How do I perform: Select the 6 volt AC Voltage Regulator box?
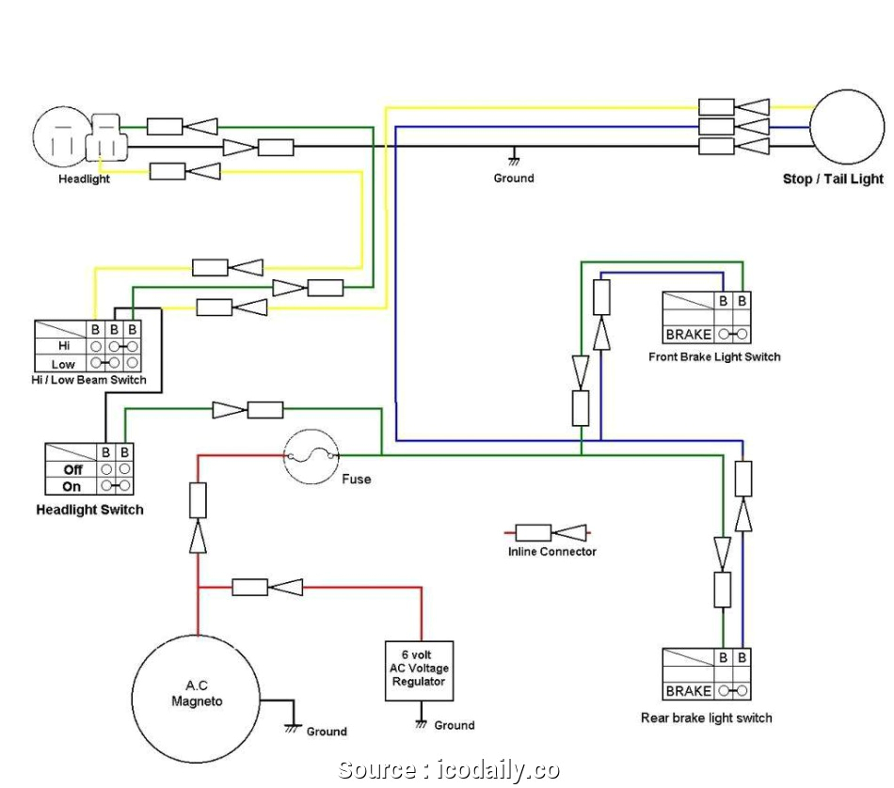419,670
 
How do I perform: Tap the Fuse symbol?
311,457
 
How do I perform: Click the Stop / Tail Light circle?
848,127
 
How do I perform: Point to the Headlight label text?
84,179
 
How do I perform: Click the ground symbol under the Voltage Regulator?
421,724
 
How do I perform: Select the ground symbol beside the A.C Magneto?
294,729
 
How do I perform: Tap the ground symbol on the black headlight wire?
514,162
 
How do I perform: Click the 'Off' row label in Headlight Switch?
72,469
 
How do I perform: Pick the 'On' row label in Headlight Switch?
72,486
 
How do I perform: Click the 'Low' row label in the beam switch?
62,364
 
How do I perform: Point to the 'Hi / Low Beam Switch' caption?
90,380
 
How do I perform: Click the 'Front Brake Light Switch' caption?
714,356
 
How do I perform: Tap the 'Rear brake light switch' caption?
706,717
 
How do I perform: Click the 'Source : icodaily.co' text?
448,769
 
